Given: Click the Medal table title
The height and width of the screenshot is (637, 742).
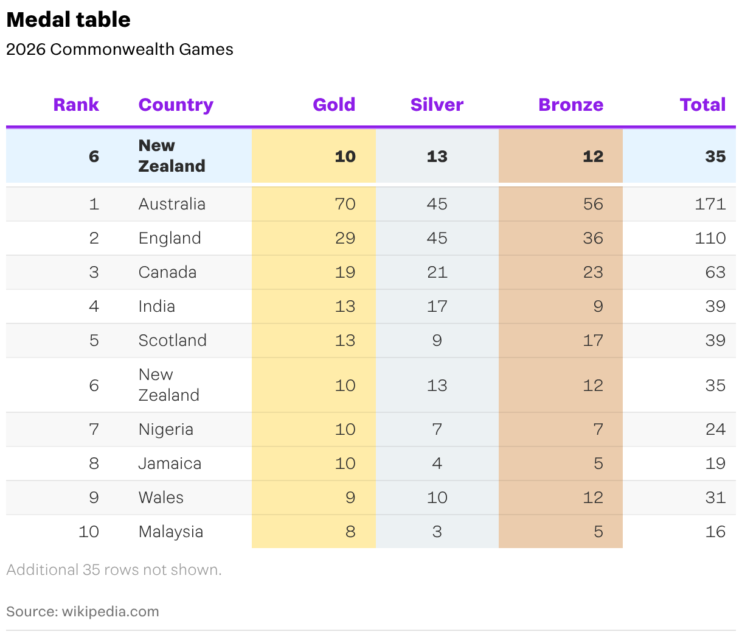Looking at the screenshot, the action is pyautogui.click(x=68, y=19).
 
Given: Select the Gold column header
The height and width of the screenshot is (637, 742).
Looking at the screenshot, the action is pyautogui.click(x=333, y=105).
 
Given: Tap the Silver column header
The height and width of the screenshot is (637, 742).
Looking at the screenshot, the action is pyautogui.click(x=437, y=105).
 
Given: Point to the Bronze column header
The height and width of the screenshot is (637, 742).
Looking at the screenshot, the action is pyautogui.click(x=570, y=105).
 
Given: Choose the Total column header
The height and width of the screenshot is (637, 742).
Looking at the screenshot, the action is pyautogui.click(x=702, y=105).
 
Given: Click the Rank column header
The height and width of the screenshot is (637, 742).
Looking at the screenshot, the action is pyautogui.click(x=76, y=105).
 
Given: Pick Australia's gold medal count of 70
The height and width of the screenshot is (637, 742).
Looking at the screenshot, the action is pyautogui.click(x=345, y=204).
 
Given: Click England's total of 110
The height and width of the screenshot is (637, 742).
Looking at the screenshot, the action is pyautogui.click(x=710, y=238).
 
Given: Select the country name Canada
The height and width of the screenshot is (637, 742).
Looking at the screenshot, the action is pyautogui.click(x=167, y=272).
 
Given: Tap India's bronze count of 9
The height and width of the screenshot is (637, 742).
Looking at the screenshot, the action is pyautogui.click(x=598, y=306).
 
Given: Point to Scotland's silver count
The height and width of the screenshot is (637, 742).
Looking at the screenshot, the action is pyautogui.click(x=437, y=340).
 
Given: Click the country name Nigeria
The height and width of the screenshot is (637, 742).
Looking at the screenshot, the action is pyautogui.click(x=166, y=429).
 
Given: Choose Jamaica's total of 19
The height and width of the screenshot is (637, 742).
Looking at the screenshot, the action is pyautogui.click(x=715, y=463).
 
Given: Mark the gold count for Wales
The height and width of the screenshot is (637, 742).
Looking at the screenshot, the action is pyautogui.click(x=350, y=497).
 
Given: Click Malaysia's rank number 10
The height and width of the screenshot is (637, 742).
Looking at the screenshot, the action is pyautogui.click(x=88, y=531).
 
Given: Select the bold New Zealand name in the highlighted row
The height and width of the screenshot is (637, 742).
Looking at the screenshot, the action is pyautogui.click(x=172, y=156).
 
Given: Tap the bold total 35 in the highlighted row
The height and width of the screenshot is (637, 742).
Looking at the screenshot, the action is pyautogui.click(x=715, y=157).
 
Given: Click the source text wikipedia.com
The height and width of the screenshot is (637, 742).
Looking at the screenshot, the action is pyautogui.click(x=110, y=611).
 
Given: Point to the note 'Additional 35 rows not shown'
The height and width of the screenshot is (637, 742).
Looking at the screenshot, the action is pyautogui.click(x=114, y=570).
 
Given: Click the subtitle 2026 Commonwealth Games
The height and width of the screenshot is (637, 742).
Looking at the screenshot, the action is pyautogui.click(x=120, y=49).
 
